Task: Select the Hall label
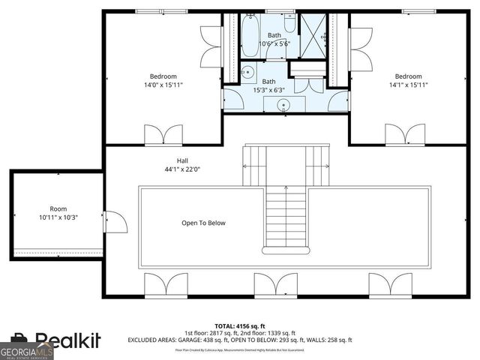[x=183, y=164]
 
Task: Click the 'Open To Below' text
[x=203, y=223]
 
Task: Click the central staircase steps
[x=286, y=217]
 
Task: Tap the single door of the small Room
[x=114, y=221]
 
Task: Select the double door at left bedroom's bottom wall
[x=163, y=134]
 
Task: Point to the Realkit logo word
[x=67, y=342]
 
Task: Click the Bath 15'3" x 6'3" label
[x=268, y=85]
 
